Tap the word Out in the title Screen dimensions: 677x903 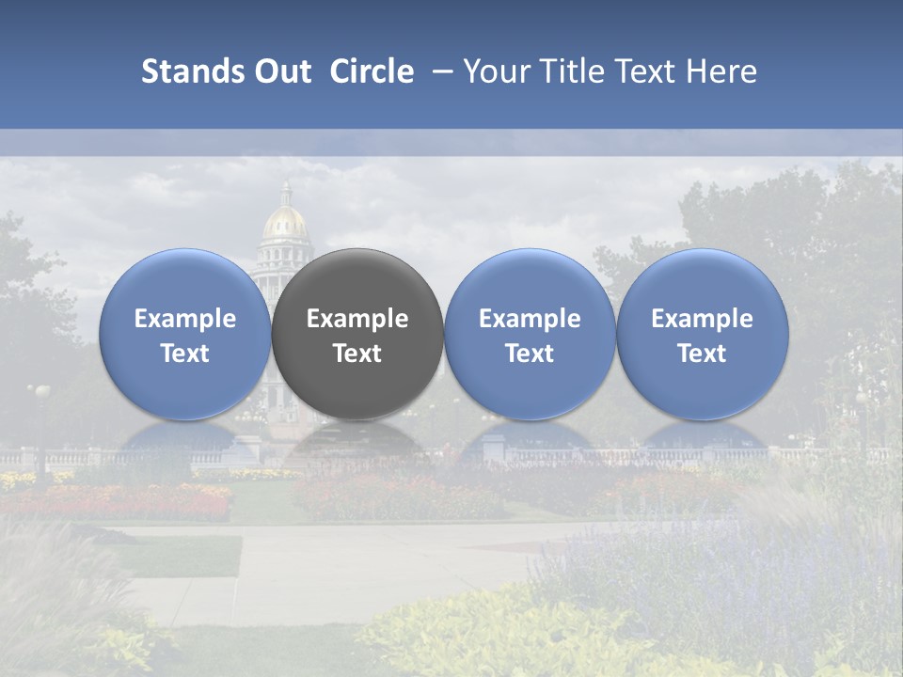280,71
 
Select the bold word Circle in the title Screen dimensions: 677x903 372,71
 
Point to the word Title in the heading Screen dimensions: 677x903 569,71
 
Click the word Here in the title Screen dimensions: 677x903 721,71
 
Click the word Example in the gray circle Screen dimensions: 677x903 357,319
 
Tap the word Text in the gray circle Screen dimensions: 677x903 357,354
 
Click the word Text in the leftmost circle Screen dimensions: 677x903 184,354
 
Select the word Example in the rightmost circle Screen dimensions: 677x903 703,319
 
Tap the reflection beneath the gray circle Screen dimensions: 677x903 357,442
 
